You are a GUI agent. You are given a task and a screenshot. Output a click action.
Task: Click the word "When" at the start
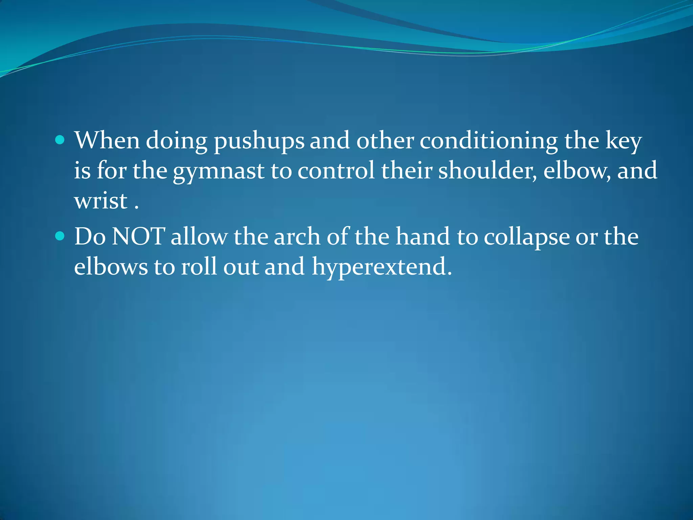click(107, 140)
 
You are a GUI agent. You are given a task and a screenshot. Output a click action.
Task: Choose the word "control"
click(336, 170)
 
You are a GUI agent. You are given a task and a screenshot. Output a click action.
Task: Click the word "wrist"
click(101, 200)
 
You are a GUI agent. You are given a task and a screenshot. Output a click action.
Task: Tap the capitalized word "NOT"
click(138, 236)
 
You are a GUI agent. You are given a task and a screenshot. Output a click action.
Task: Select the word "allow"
click(199, 236)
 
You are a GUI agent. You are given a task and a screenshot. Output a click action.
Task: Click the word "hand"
click(423, 236)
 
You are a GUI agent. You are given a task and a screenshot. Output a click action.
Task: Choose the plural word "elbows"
click(111, 266)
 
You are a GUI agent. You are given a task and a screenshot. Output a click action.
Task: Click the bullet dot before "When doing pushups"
click(60, 140)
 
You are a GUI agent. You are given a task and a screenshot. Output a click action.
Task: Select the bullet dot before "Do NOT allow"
click(60, 236)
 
